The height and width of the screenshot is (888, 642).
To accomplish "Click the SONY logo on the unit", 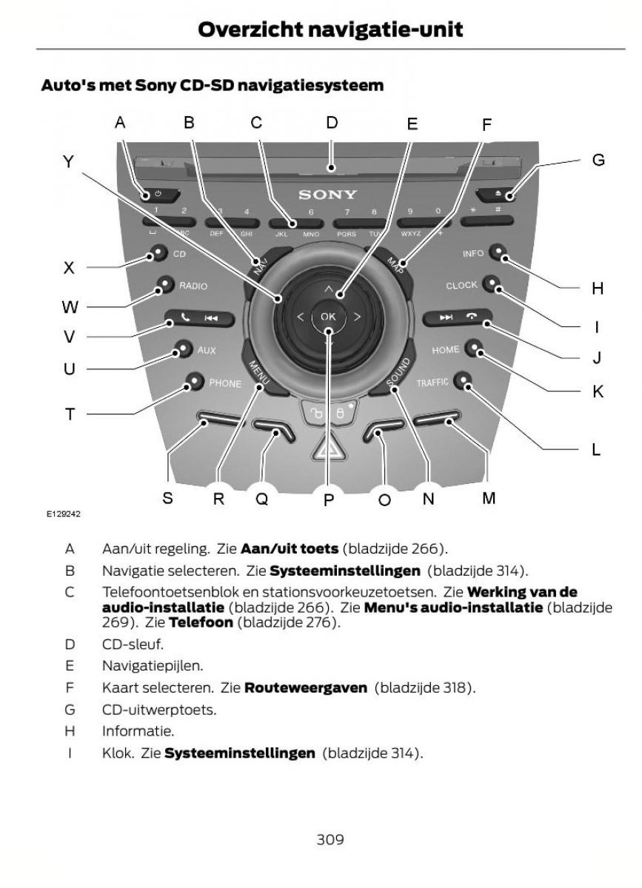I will (x=327, y=195).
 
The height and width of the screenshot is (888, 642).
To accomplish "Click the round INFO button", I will (x=502, y=254).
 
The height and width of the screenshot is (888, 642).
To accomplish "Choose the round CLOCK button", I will (x=492, y=284).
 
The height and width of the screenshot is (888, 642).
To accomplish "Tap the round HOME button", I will (x=475, y=350).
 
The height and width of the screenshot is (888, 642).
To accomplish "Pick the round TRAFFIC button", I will (x=464, y=381).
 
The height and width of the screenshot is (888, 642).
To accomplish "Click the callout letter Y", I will (x=69, y=162).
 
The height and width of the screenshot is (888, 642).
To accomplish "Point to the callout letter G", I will (x=598, y=159).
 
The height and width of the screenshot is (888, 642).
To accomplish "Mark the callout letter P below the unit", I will (x=329, y=500).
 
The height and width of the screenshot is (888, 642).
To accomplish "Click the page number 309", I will (x=330, y=839).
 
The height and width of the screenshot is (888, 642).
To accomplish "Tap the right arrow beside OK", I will (x=357, y=317).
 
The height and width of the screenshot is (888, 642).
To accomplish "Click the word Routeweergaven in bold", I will (x=305, y=688).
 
